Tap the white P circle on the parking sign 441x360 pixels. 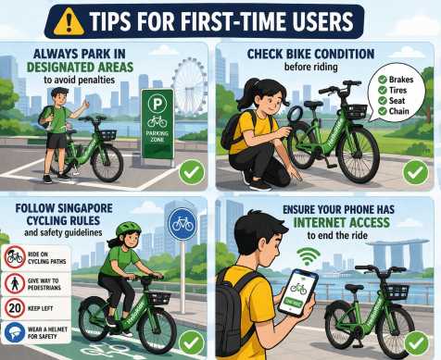157,104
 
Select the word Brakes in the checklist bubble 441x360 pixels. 398,81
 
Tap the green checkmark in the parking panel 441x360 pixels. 192,171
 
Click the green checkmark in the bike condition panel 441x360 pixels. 416,171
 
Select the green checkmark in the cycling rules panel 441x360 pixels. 192,340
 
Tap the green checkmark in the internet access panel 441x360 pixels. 416,340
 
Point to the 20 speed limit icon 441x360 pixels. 14,308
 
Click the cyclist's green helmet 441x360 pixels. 128,228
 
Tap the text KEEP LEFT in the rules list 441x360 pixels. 45,308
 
